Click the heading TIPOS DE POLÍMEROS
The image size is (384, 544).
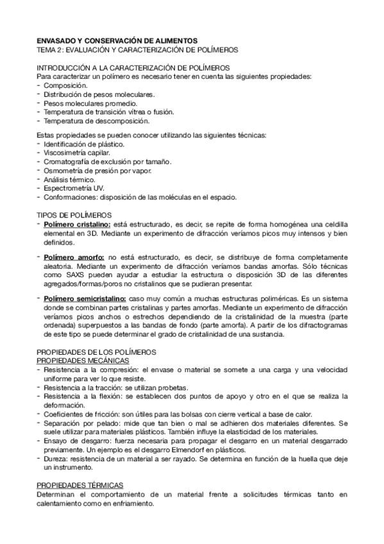74,214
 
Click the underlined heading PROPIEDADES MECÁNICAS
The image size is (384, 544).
83,361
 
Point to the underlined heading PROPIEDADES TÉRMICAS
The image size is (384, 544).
79,486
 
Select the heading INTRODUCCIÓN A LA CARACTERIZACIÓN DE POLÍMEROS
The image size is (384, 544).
133,67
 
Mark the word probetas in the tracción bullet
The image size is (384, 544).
170,387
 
